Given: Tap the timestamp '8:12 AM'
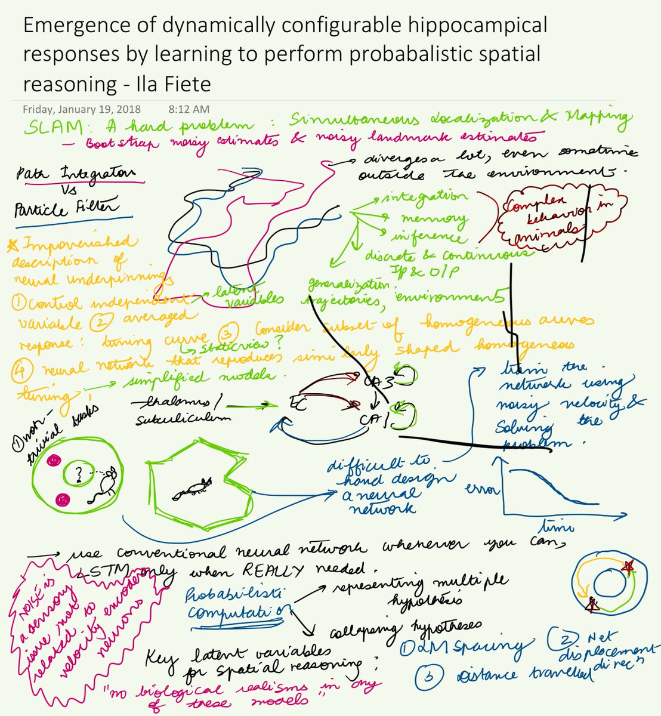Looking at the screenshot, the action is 189,109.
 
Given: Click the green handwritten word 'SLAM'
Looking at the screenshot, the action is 51,127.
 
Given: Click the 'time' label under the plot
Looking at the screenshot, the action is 556,525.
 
